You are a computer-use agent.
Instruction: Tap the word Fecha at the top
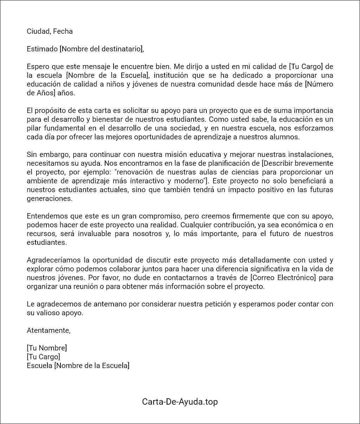coord(63,31)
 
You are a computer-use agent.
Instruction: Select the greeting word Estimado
coord(42,49)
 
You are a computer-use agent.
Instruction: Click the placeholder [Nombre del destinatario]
coord(102,49)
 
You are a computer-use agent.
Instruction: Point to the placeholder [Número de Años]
coord(180,89)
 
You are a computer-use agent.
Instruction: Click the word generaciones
coord(50,198)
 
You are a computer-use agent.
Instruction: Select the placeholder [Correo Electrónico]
coord(283,278)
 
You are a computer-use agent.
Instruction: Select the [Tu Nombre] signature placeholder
coord(47,348)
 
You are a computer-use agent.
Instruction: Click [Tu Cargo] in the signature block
coord(43,357)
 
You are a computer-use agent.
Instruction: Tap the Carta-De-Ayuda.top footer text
coord(180,402)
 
